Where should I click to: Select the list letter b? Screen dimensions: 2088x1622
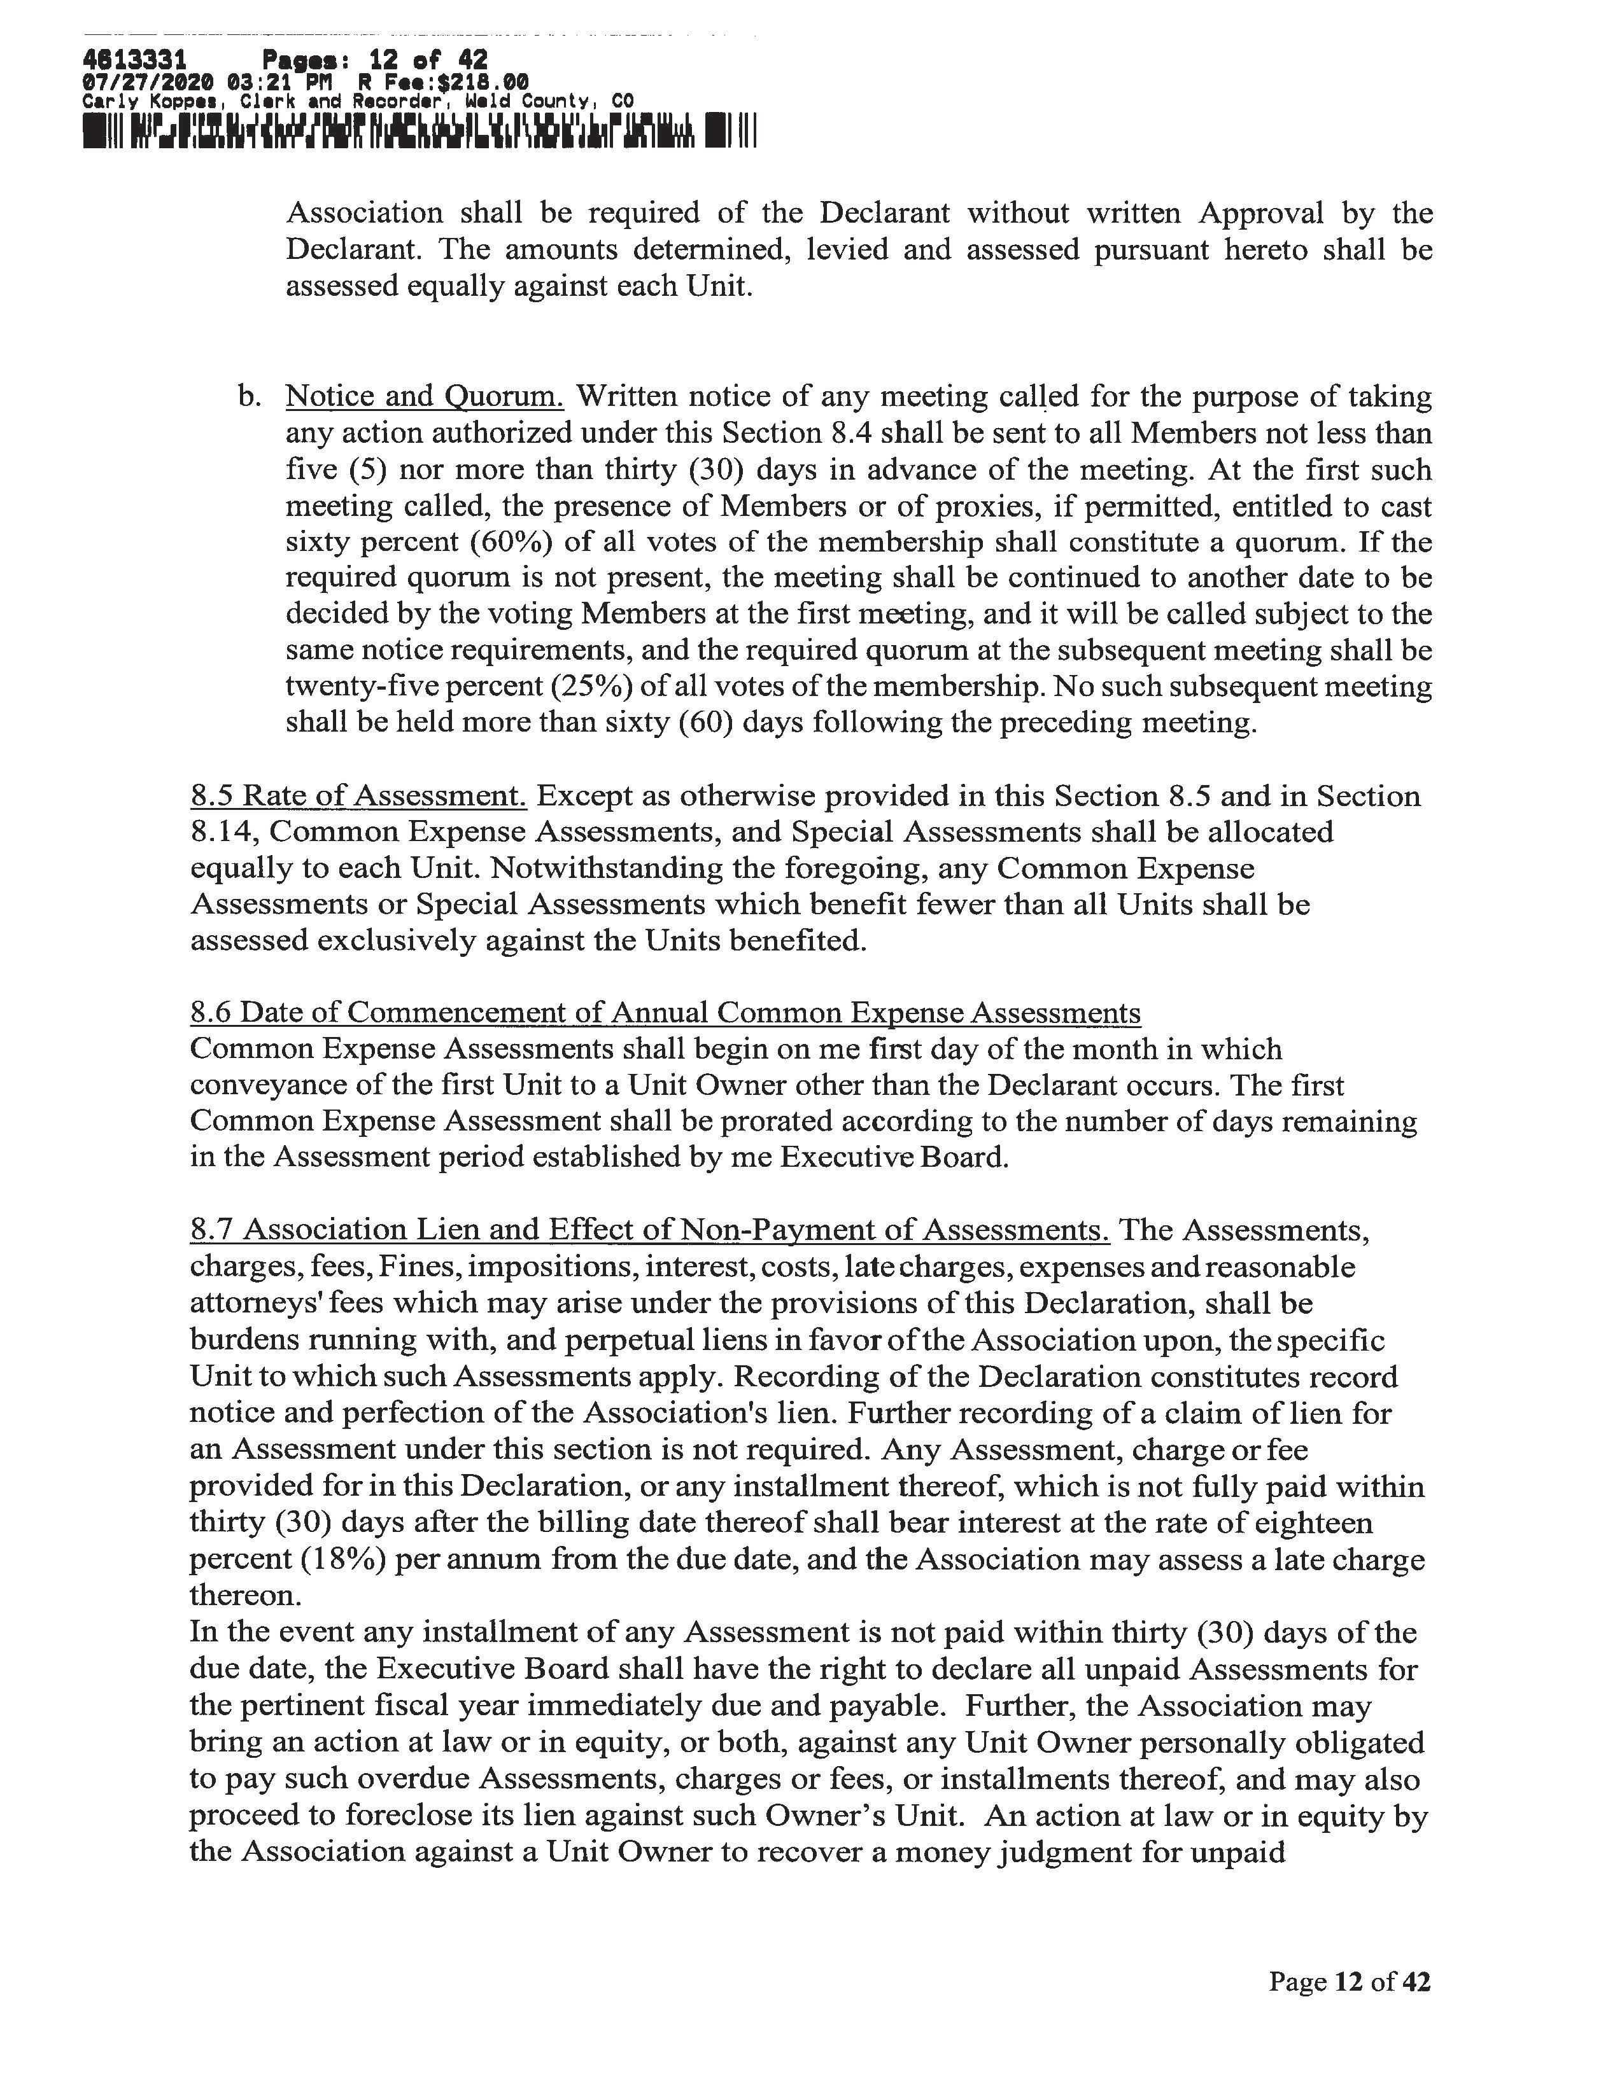pyautogui.click(x=249, y=397)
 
